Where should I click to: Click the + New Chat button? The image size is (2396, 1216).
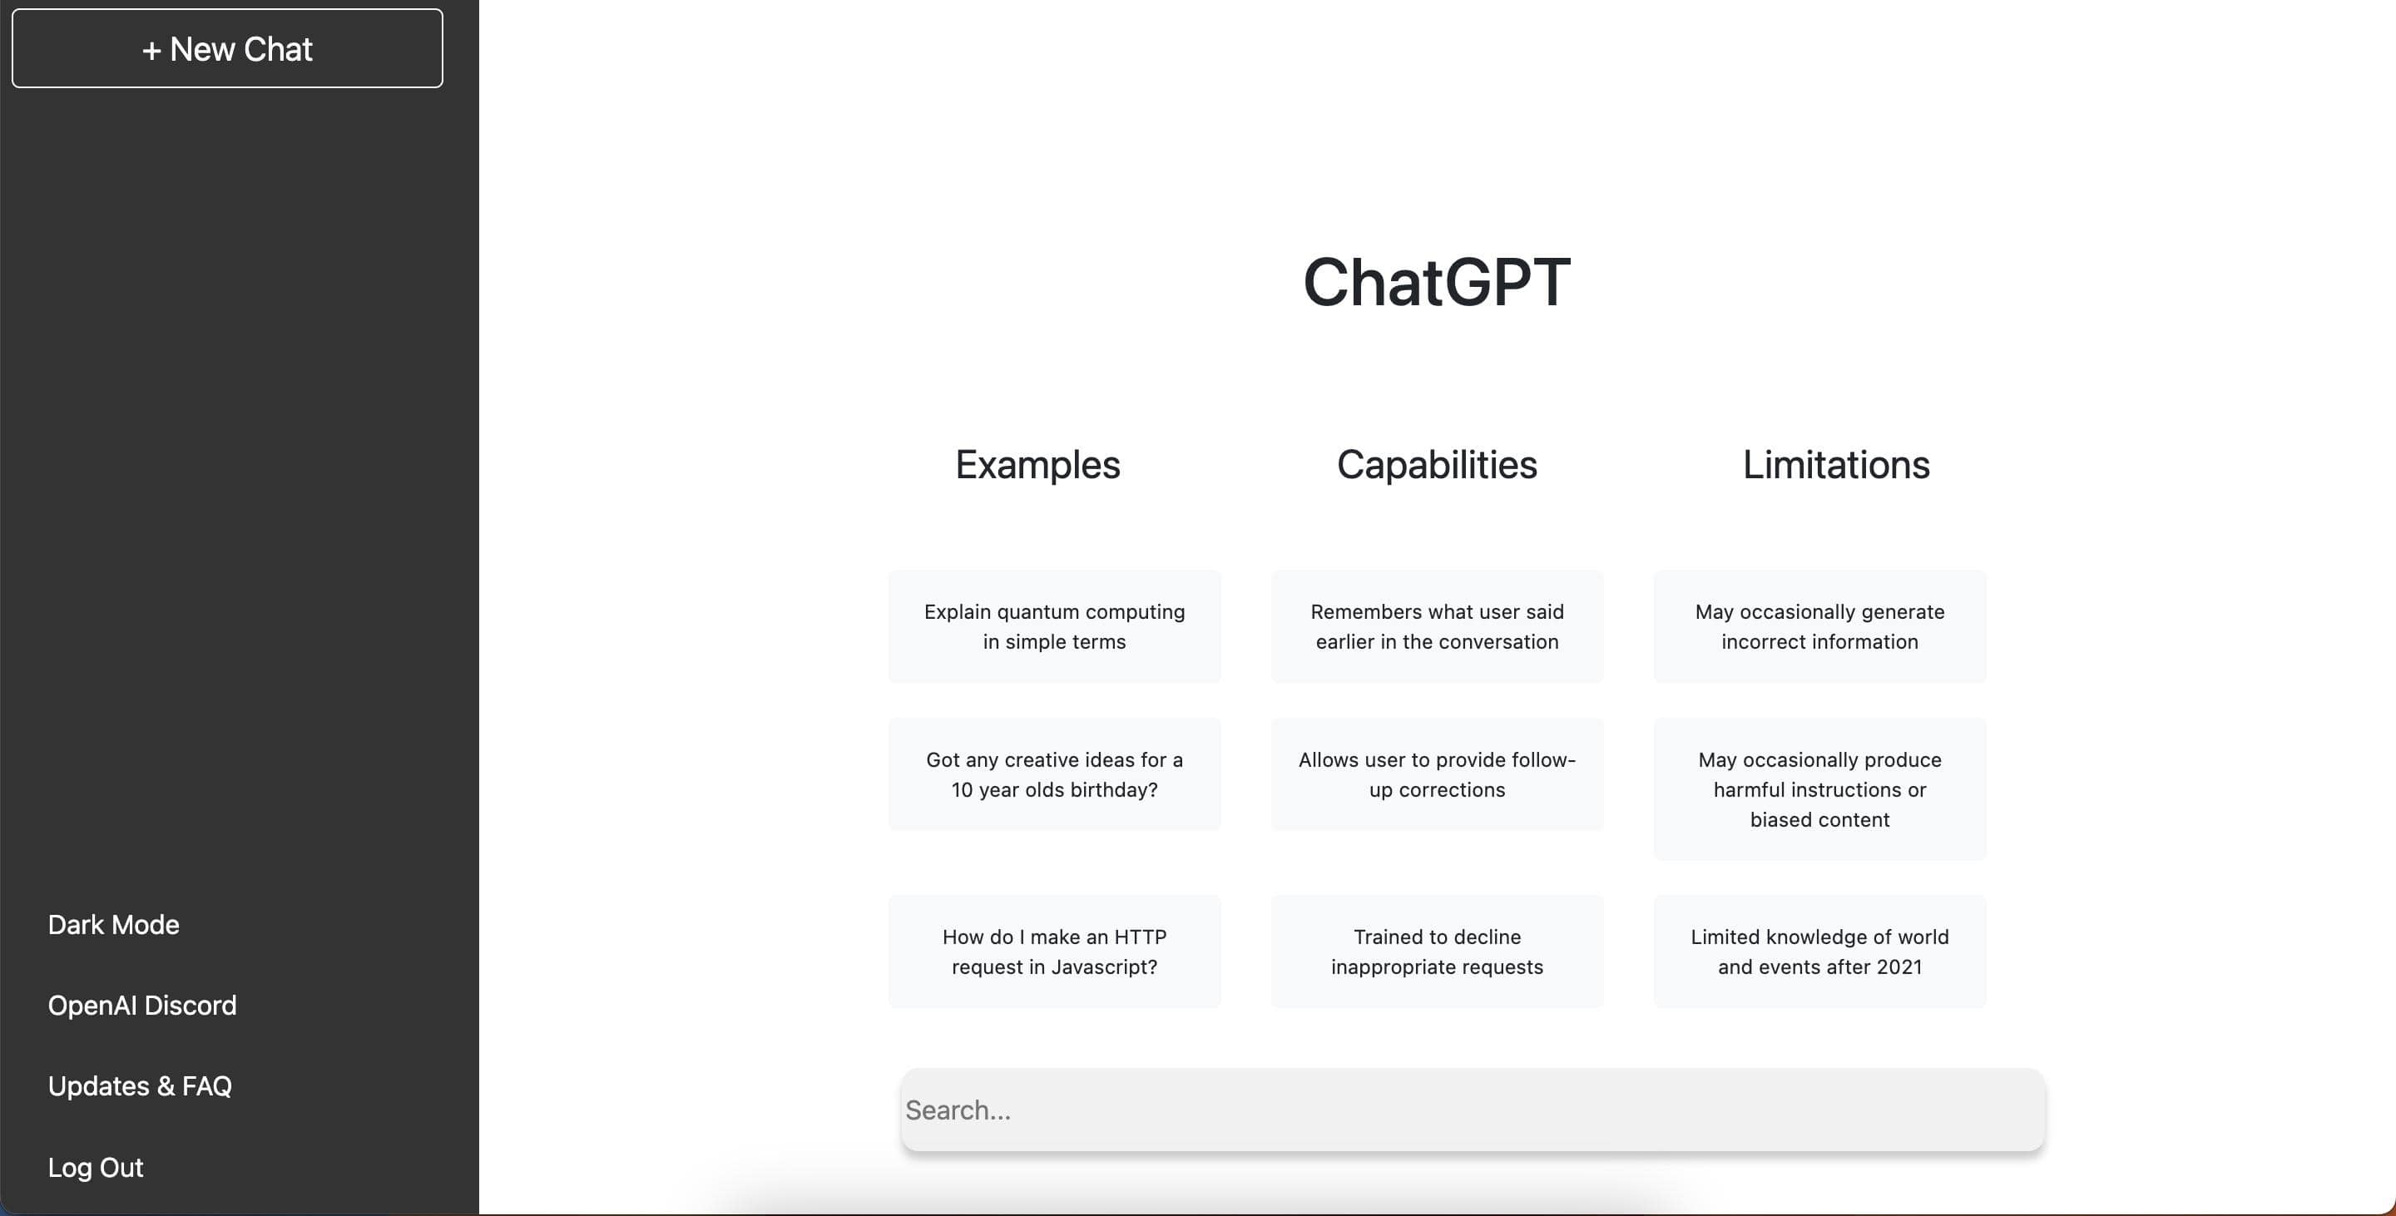coord(227,48)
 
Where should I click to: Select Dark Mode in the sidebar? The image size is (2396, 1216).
coord(113,925)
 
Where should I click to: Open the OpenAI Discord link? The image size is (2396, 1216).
coord(142,1006)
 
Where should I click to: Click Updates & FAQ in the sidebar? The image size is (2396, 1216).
coord(140,1086)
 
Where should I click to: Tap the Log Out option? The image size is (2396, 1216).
coord(96,1168)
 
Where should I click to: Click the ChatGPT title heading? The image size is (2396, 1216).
coord(1437,282)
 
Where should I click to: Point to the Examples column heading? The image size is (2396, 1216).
coord(1038,465)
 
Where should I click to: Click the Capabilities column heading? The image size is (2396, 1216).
coord(1437,465)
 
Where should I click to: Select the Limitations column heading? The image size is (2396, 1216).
coord(1836,465)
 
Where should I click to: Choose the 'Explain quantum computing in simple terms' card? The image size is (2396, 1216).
coord(1055,626)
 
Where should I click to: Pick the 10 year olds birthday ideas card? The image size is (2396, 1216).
coord(1055,774)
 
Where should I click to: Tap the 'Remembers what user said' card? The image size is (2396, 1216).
coord(1437,626)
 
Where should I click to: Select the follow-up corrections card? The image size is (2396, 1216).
coord(1437,774)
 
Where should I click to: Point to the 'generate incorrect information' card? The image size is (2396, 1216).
coord(1820,626)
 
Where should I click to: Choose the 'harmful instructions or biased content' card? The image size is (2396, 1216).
coord(1820,789)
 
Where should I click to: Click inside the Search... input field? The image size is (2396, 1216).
coord(1473,1110)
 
